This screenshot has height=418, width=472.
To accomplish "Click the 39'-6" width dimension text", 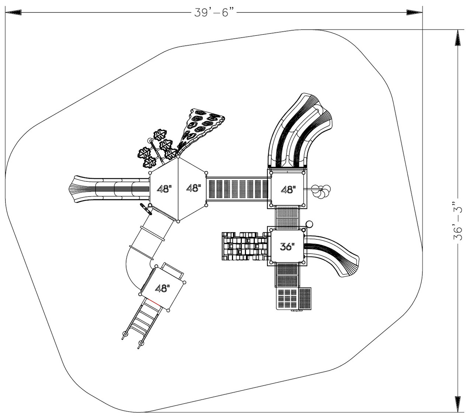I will (x=215, y=13).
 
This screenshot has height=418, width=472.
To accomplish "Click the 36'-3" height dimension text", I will (x=458, y=221).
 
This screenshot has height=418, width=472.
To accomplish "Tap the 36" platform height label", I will (x=287, y=247).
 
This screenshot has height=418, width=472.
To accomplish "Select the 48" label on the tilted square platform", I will (x=162, y=288).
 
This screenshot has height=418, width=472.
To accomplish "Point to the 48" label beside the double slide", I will (x=288, y=189).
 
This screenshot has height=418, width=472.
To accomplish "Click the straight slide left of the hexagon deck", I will (x=109, y=189).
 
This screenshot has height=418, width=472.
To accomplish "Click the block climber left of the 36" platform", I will (x=244, y=246).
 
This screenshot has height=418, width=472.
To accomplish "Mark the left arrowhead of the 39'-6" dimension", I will (x=13, y=13).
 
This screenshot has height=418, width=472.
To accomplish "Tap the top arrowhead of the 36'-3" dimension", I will (x=458, y=37).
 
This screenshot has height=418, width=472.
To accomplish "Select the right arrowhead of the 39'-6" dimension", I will (x=414, y=13).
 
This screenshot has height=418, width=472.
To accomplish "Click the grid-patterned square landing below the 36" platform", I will (x=288, y=298).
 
